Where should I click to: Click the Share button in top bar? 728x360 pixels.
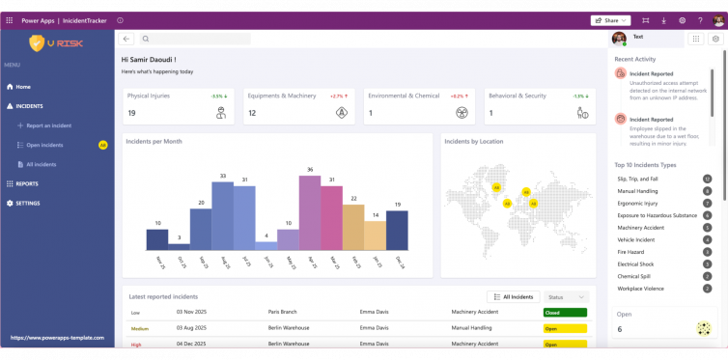[610, 19]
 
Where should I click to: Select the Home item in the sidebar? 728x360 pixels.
[23, 87]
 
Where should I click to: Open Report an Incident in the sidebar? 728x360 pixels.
[48, 125]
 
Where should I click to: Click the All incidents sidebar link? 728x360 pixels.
[41, 164]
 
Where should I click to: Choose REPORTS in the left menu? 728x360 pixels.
[27, 183]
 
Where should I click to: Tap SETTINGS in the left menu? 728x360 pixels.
[28, 203]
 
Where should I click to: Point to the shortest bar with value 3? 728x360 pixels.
[179, 246]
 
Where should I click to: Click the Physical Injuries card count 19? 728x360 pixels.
[131, 113]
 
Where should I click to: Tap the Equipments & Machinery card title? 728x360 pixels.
[282, 96]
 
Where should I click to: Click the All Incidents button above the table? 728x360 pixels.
[513, 297]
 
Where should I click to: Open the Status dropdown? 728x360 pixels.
[567, 297]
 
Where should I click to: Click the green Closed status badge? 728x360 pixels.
[565, 313]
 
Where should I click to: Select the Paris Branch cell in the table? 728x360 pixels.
[285, 313]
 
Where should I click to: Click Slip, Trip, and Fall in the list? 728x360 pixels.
[637, 179]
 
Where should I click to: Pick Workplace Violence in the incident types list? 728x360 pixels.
[639, 288]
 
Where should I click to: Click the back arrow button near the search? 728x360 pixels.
[127, 39]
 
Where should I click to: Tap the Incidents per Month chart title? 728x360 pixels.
[154, 142]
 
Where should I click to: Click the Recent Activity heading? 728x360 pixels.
[635, 59]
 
